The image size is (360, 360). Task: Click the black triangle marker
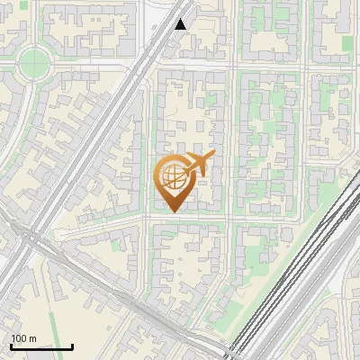coord(181,24)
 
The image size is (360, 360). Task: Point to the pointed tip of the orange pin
coord(172,211)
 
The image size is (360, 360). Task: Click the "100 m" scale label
coord(24,338)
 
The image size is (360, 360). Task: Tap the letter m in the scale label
coord(32,338)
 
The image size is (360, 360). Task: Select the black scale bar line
coord(41,346)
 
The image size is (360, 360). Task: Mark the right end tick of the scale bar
coord(72,345)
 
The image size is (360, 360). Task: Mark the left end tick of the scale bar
coord(11,345)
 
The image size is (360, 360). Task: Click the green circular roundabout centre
coord(33,62)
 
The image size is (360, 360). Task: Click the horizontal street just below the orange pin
coord(180,219)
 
